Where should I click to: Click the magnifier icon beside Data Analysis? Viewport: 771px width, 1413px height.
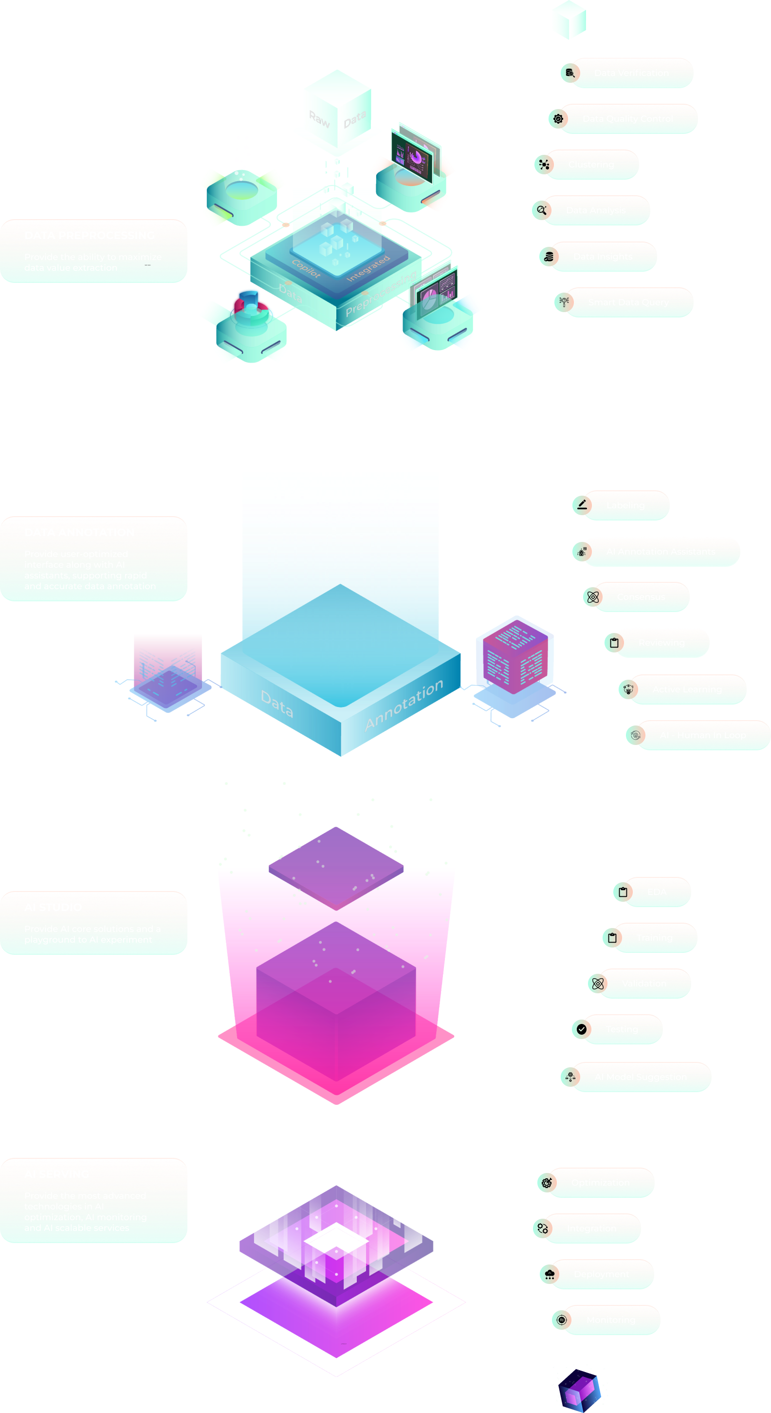[542, 210]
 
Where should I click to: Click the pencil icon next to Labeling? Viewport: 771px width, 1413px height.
[582, 504]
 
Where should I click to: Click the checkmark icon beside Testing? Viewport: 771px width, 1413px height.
[581, 1029]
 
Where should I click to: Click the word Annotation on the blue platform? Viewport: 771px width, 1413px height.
[404, 705]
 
